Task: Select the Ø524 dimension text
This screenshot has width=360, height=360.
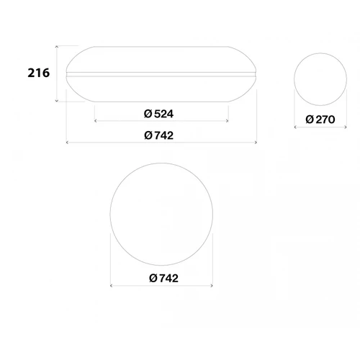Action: coord(159,114)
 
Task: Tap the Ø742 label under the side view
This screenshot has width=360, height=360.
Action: coord(159,135)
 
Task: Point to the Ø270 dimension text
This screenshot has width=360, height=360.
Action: coord(320,120)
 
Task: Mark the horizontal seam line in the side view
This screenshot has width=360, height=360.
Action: coord(161,74)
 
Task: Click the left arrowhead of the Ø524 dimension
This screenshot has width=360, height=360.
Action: coord(94,122)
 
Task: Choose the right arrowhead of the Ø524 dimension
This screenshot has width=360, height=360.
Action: coord(230,122)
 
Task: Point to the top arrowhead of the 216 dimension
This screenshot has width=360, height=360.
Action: coord(56,45)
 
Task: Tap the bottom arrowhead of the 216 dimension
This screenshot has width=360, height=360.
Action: coord(56,102)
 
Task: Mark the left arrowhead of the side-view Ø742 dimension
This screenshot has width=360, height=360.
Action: coord(66,143)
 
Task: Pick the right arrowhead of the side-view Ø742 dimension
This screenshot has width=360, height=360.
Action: coord(257,143)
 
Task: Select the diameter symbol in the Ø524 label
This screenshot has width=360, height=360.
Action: coord(147,114)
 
